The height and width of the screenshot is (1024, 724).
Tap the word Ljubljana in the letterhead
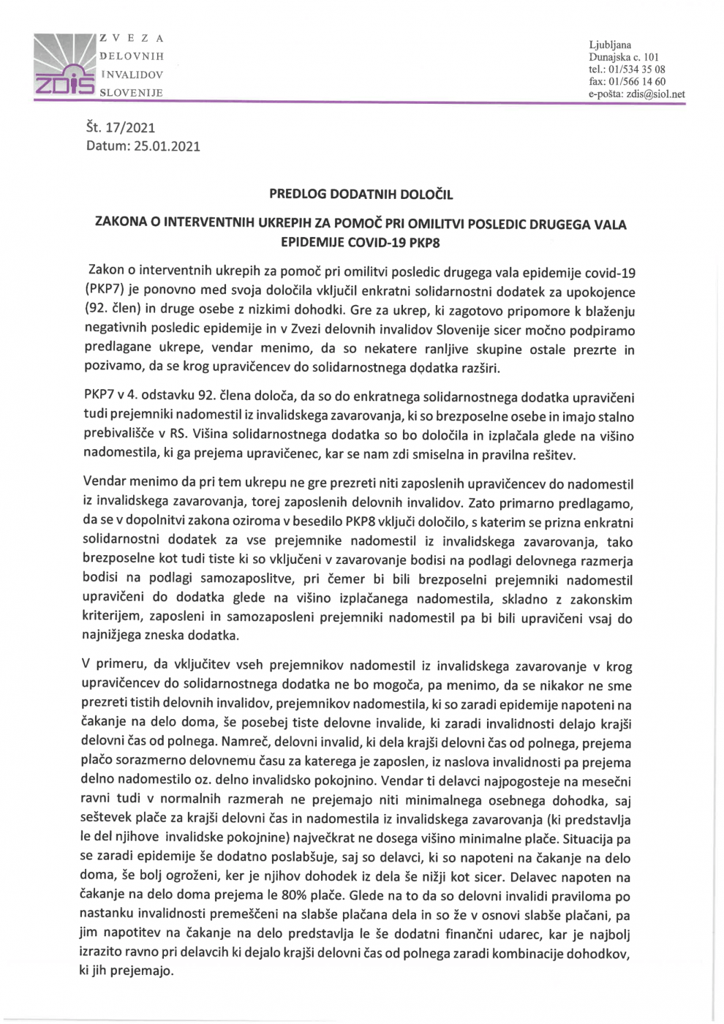(609, 45)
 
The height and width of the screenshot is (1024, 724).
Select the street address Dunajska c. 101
(623, 57)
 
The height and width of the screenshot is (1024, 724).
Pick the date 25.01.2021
(167, 146)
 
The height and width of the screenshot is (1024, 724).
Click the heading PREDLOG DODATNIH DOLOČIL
(361, 195)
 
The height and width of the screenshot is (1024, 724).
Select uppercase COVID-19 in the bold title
(374, 242)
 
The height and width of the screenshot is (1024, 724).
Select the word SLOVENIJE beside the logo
(131, 93)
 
